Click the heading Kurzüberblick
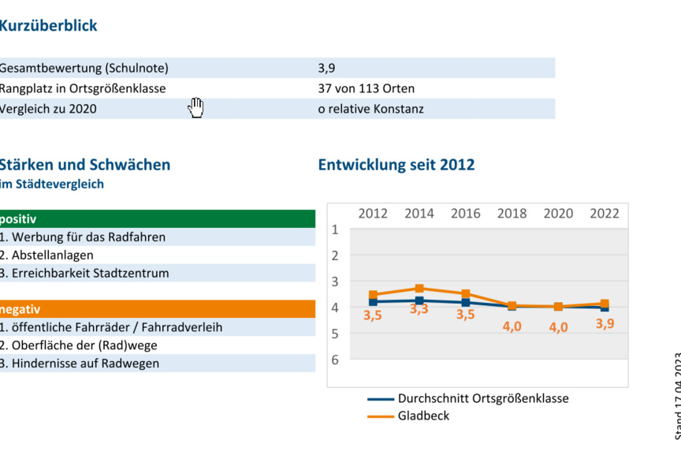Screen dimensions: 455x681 click(49, 26)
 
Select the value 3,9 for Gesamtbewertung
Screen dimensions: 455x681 click(327, 68)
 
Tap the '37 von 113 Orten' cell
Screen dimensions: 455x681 click(366, 88)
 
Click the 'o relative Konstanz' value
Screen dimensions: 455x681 click(370, 109)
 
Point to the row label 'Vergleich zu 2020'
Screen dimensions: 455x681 click(49, 109)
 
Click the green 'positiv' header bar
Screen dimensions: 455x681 click(158, 218)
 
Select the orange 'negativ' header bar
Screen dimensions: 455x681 click(158, 309)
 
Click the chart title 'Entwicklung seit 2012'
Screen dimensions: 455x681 click(396, 165)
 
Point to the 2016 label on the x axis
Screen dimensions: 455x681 click(466, 213)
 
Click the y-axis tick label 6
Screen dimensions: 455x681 click(335, 360)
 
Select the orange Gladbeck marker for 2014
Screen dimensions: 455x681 click(419, 289)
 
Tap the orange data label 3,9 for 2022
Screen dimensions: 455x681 click(605, 324)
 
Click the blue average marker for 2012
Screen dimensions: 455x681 click(373, 302)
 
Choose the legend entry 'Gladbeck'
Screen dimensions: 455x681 click(423, 416)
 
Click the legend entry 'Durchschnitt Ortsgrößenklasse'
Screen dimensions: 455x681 click(482, 398)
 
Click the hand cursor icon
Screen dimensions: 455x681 click(195, 108)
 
